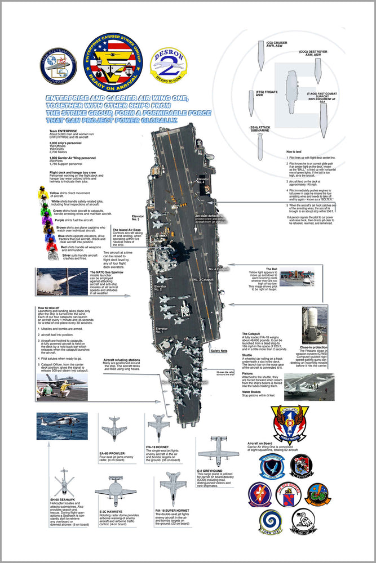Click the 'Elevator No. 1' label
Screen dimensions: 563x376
coord(162,329)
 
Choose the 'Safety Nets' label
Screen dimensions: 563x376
coord(219,351)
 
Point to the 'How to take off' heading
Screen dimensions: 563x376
coord(49,307)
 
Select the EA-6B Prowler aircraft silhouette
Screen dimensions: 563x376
coord(114,428)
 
